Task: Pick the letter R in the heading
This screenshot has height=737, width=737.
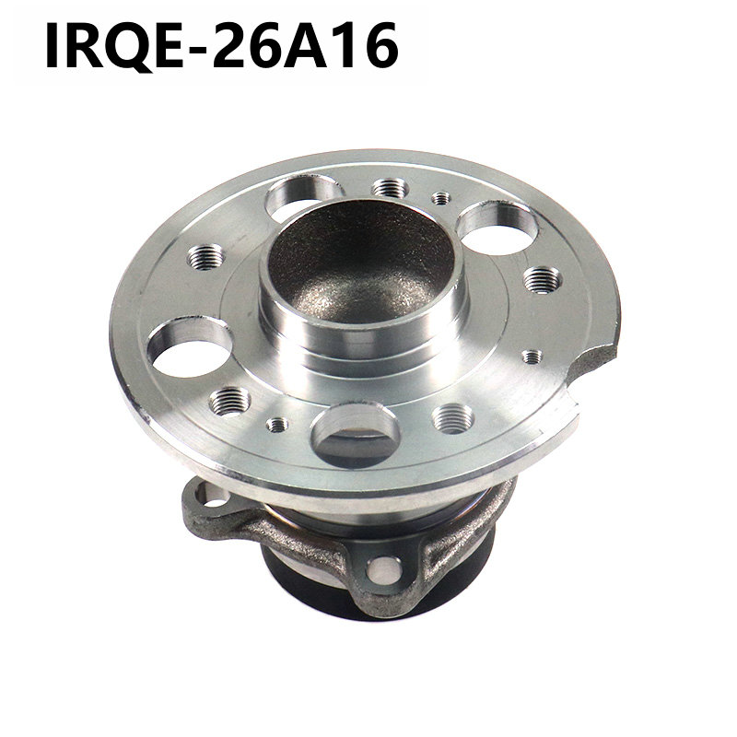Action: click(x=87, y=45)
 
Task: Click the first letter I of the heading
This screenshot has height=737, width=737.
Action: click(x=53, y=45)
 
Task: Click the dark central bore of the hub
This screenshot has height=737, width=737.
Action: click(x=362, y=263)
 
